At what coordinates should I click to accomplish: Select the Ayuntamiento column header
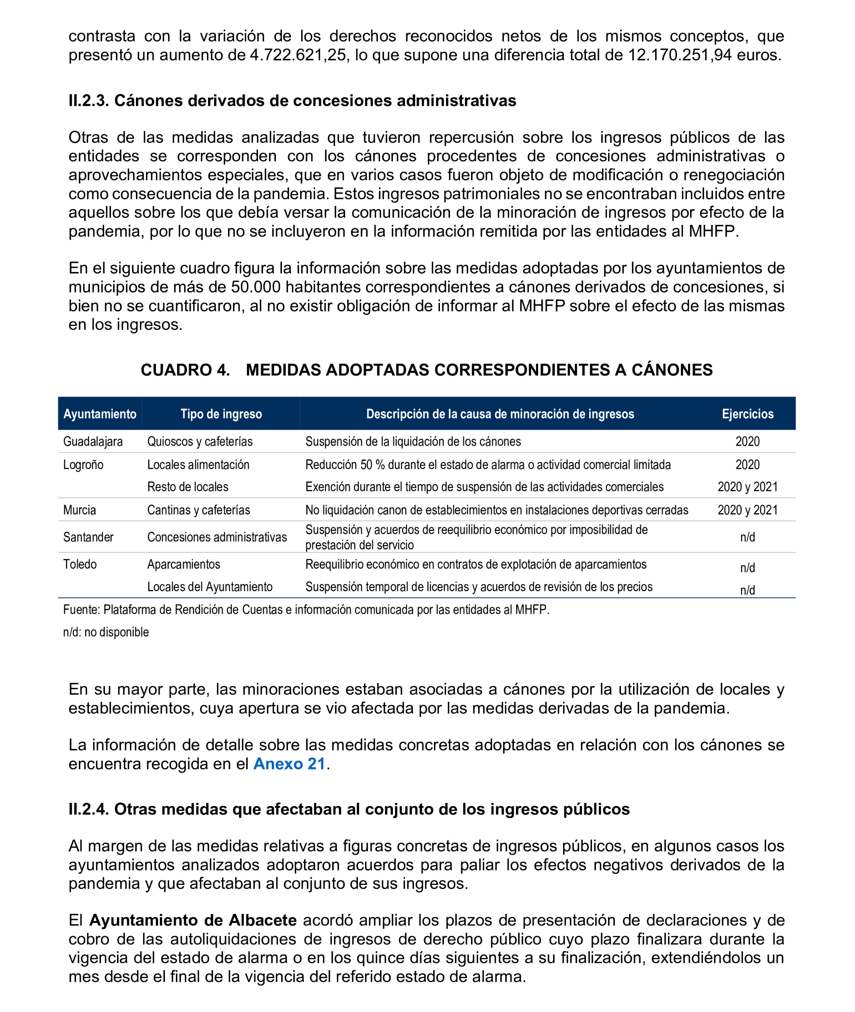[x=100, y=413]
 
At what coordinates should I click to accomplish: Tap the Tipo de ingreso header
[x=221, y=413]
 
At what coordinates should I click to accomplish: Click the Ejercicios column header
[x=747, y=413]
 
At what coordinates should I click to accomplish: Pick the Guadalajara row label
[x=93, y=441]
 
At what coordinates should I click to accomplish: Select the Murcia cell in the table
[x=80, y=510]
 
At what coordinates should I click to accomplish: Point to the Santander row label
[x=88, y=537]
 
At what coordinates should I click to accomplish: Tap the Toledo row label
[x=80, y=564]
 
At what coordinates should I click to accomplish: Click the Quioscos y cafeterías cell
[x=200, y=441]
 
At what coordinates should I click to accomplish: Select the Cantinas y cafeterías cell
[x=199, y=510]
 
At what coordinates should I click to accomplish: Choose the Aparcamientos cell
[x=184, y=564]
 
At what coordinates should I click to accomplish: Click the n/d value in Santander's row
[x=747, y=537]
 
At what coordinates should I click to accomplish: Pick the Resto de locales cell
[x=187, y=487]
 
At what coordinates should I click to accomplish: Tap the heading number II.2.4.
[x=89, y=809]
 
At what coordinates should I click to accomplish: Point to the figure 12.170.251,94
[x=680, y=55]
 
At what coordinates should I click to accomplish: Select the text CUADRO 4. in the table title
[x=185, y=370]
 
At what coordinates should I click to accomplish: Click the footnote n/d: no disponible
[x=106, y=632]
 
